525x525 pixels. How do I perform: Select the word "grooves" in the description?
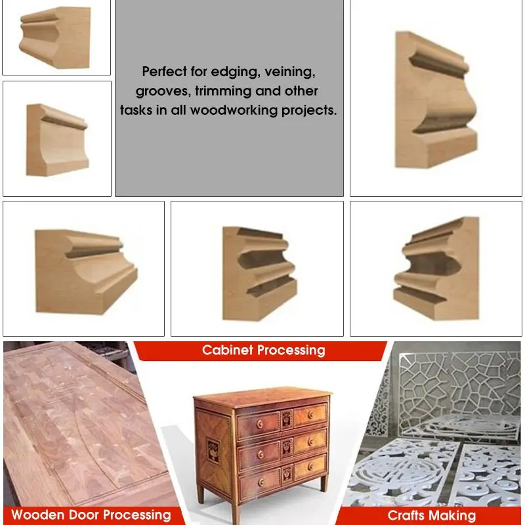pyautogui.click(x=163, y=91)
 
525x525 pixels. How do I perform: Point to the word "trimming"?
pyautogui.click(x=223, y=91)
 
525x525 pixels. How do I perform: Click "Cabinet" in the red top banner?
pyautogui.click(x=228, y=350)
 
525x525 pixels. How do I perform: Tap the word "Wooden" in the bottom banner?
pyautogui.click(x=37, y=514)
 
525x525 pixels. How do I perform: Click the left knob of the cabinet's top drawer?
pyautogui.click(x=260, y=425)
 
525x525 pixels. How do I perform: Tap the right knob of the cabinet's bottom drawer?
pyautogui.click(x=310, y=466)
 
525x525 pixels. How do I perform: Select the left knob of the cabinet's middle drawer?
pyautogui.click(x=261, y=454)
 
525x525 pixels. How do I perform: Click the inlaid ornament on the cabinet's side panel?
pyautogui.click(x=213, y=451)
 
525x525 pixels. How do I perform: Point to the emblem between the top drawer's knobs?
pyautogui.click(x=287, y=419)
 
